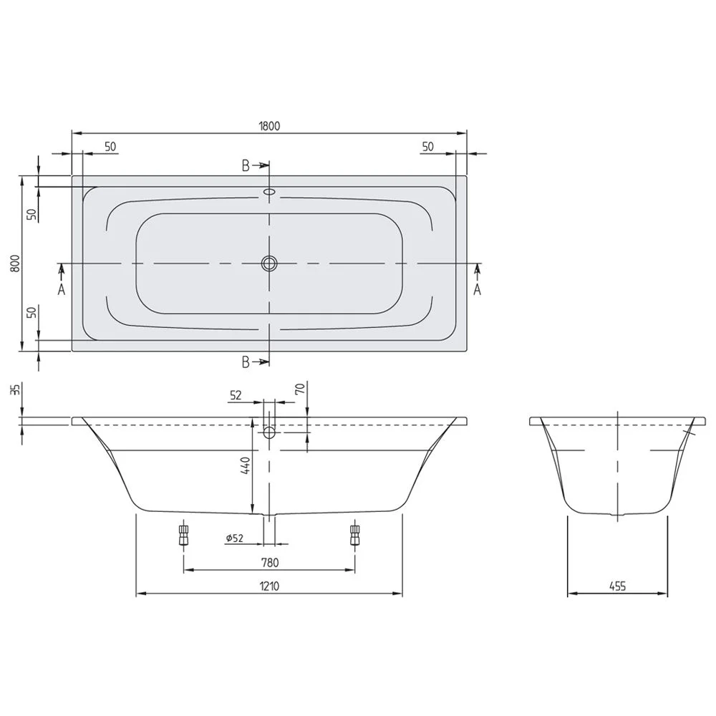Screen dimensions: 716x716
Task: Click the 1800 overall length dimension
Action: [269, 125]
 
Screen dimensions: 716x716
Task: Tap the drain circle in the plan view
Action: [269, 263]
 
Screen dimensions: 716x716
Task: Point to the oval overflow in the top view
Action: [269, 192]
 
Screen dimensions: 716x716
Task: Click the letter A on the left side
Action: [62, 289]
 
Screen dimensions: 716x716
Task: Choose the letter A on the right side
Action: [477, 289]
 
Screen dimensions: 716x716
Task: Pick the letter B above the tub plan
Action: [246, 166]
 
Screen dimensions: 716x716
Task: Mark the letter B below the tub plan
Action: [246, 362]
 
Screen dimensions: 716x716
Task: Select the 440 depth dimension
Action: [245, 467]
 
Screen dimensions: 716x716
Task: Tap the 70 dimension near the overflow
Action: [300, 390]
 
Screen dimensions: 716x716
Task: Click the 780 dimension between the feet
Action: [269, 562]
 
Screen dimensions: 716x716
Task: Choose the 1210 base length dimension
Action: [269, 586]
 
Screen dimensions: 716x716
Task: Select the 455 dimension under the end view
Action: [617, 586]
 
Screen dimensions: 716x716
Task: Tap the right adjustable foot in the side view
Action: [354, 534]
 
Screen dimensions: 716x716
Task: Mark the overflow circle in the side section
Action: [269, 432]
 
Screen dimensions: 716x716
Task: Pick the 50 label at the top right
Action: [427, 146]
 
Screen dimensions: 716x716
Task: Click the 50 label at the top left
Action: [110, 146]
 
